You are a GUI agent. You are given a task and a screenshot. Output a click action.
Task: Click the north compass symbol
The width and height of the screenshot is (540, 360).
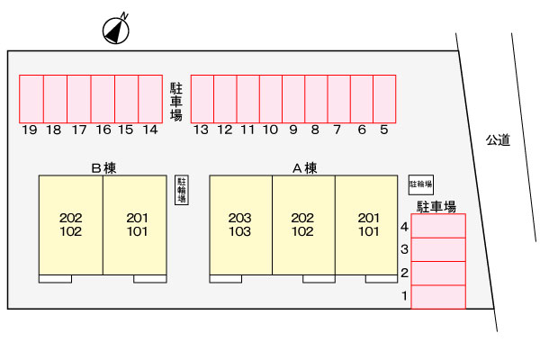[116, 30]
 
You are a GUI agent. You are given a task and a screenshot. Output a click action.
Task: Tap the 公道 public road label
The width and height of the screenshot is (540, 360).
[498, 139]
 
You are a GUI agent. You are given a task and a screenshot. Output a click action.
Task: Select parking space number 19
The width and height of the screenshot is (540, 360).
[31, 99]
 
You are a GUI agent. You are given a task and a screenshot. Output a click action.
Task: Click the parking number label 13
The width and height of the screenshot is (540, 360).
[201, 130]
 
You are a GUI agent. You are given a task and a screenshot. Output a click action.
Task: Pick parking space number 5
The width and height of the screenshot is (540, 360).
[384, 99]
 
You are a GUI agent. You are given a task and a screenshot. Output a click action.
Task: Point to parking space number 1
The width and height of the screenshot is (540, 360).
[438, 297]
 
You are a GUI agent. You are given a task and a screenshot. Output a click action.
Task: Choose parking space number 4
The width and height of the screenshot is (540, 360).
[438, 226]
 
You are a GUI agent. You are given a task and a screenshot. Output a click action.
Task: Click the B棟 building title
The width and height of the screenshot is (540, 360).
[103, 168]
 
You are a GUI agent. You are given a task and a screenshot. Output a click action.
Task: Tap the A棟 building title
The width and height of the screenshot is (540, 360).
[305, 168]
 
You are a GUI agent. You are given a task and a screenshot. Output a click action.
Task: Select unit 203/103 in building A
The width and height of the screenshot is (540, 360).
[241, 225]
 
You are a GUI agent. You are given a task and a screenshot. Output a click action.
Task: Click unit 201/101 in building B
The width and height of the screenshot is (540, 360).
[135, 225]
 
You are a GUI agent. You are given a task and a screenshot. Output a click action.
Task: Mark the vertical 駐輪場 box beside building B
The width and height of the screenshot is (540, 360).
[182, 190]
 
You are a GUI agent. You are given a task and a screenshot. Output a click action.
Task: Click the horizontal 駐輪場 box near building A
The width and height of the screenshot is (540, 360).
[421, 184]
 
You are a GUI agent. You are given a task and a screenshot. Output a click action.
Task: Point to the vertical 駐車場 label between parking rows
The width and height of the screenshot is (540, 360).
[176, 102]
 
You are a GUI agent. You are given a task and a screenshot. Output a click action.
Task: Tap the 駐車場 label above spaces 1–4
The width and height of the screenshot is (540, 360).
[436, 206]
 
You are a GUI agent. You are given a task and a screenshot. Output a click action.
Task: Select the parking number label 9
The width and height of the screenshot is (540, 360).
[293, 130]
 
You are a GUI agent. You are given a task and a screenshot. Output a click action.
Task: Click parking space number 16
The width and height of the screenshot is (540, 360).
[103, 99]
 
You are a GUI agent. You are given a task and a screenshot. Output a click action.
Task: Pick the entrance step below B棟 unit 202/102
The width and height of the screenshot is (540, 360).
[56, 279]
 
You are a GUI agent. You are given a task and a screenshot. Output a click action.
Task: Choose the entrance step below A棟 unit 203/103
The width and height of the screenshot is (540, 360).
[226, 279]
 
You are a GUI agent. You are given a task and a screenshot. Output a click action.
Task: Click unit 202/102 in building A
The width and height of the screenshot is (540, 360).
[304, 225]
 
